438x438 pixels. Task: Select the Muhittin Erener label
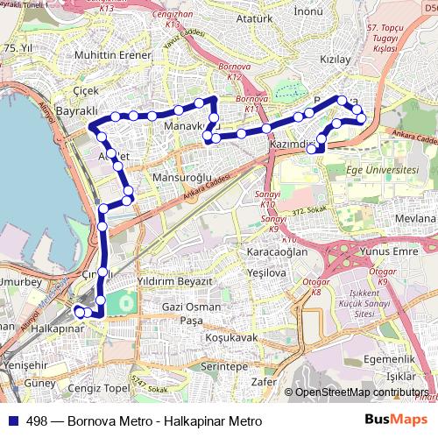[x=113, y=55]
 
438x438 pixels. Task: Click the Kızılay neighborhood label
[x=336, y=60]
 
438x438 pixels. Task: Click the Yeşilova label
[x=266, y=272]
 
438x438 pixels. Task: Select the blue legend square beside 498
[x=11, y=420]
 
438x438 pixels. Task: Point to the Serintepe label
[x=224, y=365]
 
